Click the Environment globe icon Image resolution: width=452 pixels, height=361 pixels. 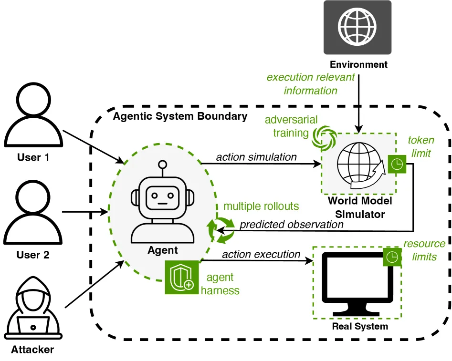click(357, 27)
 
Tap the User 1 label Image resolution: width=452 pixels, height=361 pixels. click(33, 157)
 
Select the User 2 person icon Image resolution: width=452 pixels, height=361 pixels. click(33, 212)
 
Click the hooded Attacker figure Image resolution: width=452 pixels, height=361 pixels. click(33, 308)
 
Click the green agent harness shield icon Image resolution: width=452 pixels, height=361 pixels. click(181, 278)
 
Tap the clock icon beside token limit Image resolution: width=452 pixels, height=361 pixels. click(397, 164)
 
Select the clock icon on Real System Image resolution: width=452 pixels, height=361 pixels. click(392, 257)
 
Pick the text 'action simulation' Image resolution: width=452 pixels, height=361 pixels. click(256, 157)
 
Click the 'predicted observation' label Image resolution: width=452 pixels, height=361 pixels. click(292, 225)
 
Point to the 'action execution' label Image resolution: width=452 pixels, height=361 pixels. click(261, 254)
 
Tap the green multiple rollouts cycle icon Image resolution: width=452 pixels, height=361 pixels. click(221, 230)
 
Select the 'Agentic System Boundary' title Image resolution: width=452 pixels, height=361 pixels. click(180, 116)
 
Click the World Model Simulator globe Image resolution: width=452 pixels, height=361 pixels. click(361, 165)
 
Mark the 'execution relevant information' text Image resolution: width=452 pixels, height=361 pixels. click(311, 84)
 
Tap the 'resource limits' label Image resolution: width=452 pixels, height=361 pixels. click(424, 250)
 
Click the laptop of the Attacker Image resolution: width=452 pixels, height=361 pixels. click(33, 325)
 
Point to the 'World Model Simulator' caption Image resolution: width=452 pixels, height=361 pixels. click(360, 207)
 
